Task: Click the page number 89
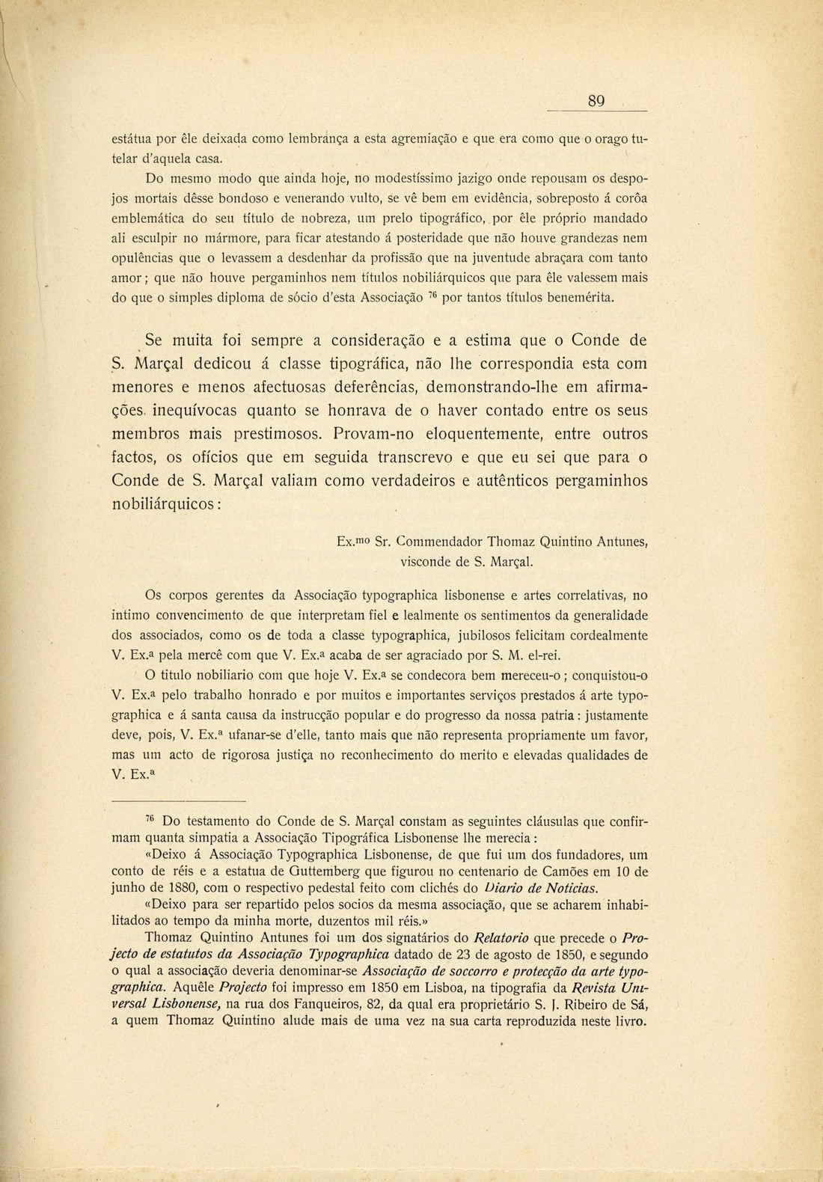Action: click(x=596, y=101)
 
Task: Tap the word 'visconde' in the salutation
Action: click(x=426, y=560)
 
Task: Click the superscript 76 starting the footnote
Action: click(x=149, y=817)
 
